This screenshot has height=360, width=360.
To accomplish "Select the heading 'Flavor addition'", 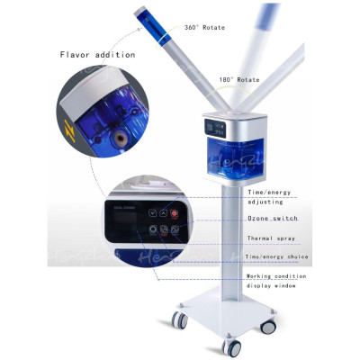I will tap(97, 55).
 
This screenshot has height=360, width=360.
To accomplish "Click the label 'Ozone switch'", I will tap(273, 219).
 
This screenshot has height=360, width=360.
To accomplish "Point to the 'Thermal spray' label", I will tap(272, 238).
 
